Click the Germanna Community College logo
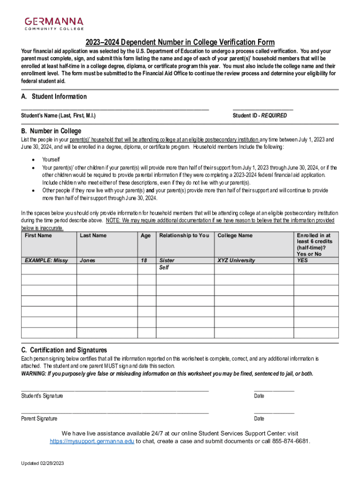click(x=54, y=23)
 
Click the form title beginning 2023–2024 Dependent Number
click(x=180, y=42)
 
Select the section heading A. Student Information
click(x=54, y=96)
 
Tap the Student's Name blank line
click(x=115, y=108)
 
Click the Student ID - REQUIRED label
click(x=259, y=116)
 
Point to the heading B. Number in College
click(x=51, y=131)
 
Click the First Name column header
click(x=38, y=236)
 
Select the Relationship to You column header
click(x=184, y=236)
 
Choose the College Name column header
click(x=235, y=236)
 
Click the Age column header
click(x=146, y=236)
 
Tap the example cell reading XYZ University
click(x=236, y=261)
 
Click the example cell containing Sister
click(x=167, y=261)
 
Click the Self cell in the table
click(x=164, y=268)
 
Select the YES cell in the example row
click(x=302, y=261)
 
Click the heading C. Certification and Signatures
click(x=64, y=350)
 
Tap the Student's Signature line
click(x=115, y=390)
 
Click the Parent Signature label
click(x=39, y=419)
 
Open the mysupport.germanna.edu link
click(x=92, y=441)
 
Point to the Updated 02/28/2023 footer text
click(x=42, y=463)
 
